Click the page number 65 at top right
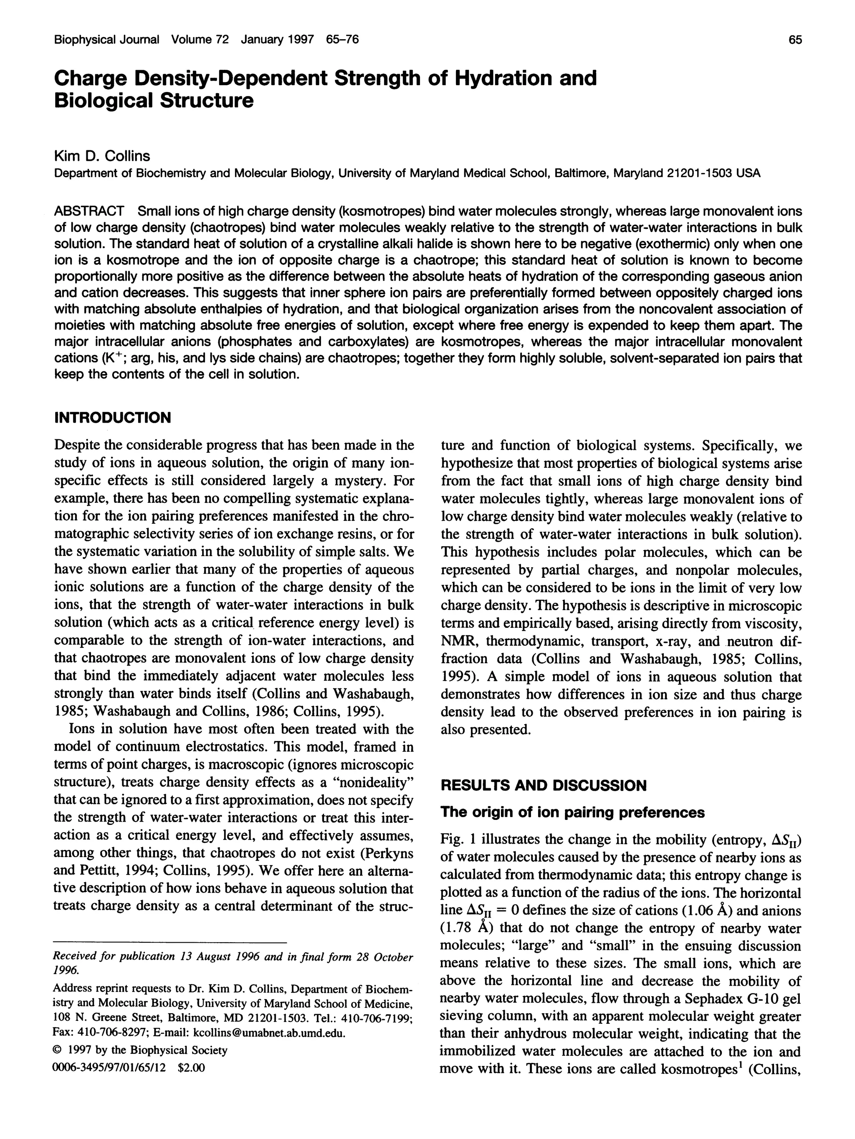pyautogui.click(x=795, y=40)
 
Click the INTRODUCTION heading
pyautogui.click(x=112, y=417)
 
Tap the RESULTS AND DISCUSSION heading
pyautogui.click(x=544, y=785)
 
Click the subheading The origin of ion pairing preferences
pyautogui.click(x=572, y=812)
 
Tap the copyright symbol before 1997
pyautogui.click(x=58, y=1050)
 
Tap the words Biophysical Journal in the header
pyautogui.click(x=106, y=40)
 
